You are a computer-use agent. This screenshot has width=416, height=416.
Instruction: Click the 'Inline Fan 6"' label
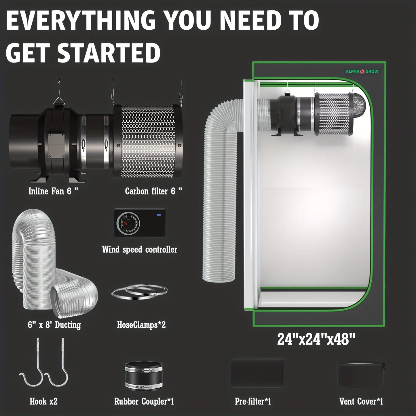pyautogui.click(x=53, y=191)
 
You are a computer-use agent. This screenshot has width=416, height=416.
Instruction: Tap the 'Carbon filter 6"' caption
pyautogui.click(x=153, y=191)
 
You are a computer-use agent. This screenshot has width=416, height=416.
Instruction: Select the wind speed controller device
pyautogui.click(x=140, y=223)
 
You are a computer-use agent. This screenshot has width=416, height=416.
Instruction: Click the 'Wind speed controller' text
pyautogui.click(x=140, y=249)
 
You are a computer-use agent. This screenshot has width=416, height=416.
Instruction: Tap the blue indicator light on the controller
pyautogui.click(x=158, y=214)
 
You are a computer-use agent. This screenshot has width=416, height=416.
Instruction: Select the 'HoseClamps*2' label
pyautogui.click(x=141, y=325)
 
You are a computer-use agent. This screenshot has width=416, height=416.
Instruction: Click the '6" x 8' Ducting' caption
pyautogui.click(x=54, y=325)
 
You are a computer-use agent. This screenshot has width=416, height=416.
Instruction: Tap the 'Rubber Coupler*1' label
pyautogui.click(x=144, y=401)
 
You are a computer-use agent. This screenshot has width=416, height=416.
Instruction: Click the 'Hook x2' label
pyautogui.click(x=44, y=401)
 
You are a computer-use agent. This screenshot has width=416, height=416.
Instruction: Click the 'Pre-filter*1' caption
pyautogui.click(x=253, y=401)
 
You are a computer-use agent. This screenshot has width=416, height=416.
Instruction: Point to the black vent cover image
pyautogui.click(x=361, y=374)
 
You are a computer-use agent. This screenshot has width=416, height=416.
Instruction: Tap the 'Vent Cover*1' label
pyautogui.click(x=361, y=401)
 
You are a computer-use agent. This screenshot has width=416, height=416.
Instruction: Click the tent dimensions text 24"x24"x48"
pyautogui.click(x=316, y=339)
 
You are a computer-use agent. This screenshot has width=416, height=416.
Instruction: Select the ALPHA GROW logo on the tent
pyautogui.click(x=362, y=71)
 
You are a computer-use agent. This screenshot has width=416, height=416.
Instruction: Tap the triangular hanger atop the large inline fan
pyautogui.click(x=58, y=100)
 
